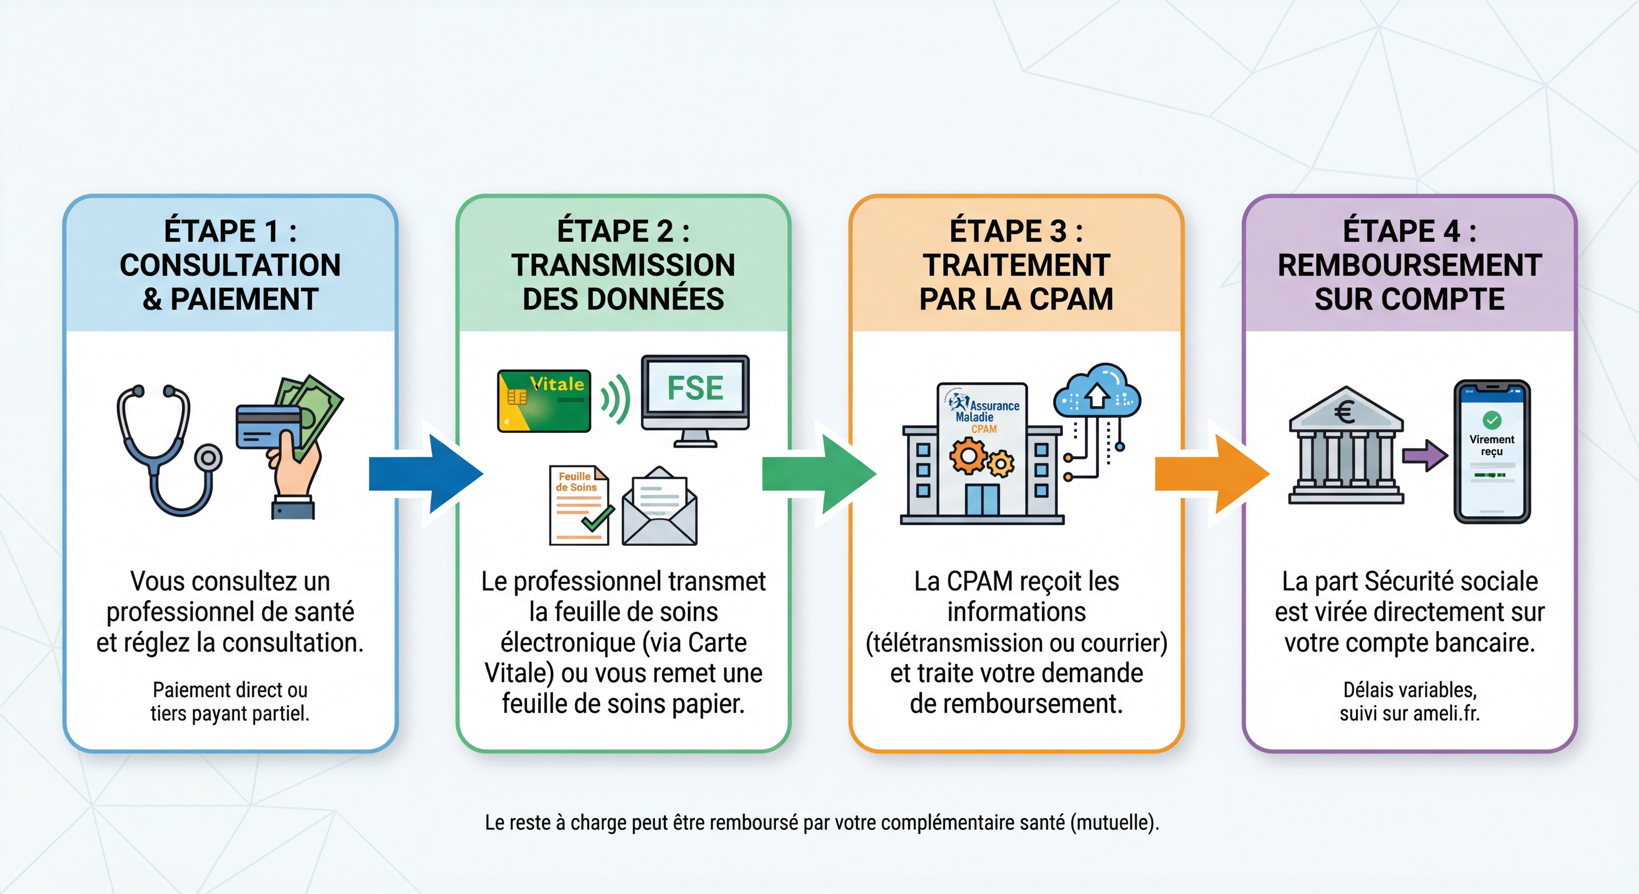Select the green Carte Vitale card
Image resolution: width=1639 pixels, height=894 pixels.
pos(544,401)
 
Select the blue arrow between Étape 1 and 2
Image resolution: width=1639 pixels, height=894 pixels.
pos(426,474)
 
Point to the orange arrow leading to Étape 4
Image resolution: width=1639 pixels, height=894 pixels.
pos(1212,474)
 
